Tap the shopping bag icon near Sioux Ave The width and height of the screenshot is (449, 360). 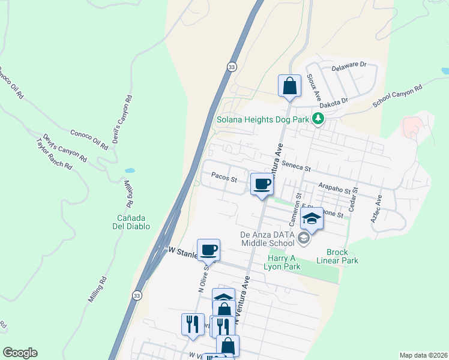290,85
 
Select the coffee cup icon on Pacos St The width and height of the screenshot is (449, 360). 262,185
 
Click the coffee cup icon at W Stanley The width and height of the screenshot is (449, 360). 208,249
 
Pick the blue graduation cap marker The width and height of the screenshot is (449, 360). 312,220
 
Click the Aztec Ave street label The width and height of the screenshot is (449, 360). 376,209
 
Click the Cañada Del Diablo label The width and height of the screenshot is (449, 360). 134,221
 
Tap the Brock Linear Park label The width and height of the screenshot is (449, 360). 342,256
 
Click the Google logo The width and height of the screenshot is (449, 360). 20,353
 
